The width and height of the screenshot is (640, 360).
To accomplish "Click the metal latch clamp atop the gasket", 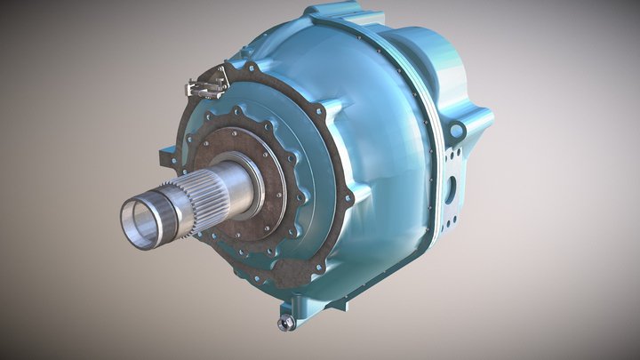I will click(x=202, y=85).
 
